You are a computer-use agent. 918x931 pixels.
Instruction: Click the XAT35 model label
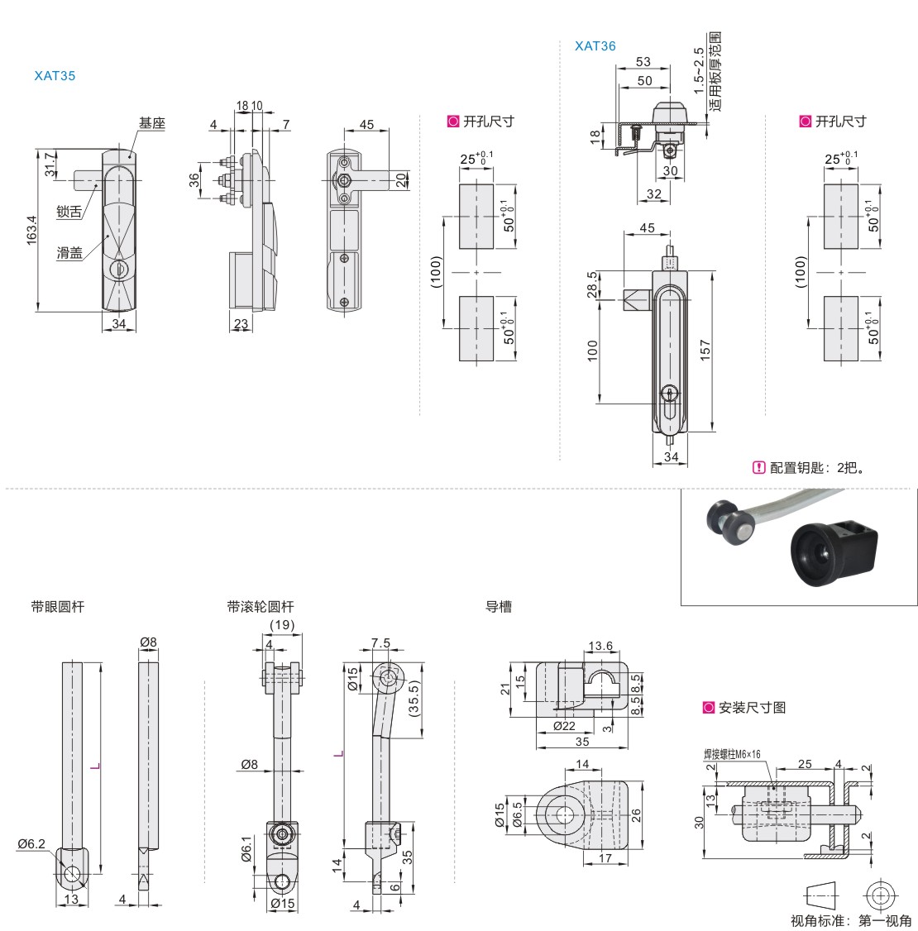pyautogui.click(x=55, y=75)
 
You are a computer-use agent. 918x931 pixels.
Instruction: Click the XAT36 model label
pyautogui.click(x=595, y=46)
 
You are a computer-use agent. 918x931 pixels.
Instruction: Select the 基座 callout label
pyautogui.click(x=152, y=123)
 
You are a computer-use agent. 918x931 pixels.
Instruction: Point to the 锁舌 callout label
pyautogui.click(x=69, y=212)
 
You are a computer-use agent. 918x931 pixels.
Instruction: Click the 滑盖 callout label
pyautogui.click(x=69, y=253)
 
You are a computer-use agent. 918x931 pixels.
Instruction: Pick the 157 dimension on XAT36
pyautogui.click(x=705, y=351)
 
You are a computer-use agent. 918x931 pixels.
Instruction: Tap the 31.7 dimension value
pyautogui.click(x=50, y=164)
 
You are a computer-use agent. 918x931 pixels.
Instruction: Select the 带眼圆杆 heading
pyautogui.click(x=58, y=606)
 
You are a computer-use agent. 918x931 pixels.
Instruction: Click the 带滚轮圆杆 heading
pyautogui.click(x=261, y=606)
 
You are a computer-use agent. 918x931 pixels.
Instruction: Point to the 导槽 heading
pyautogui.click(x=499, y=606)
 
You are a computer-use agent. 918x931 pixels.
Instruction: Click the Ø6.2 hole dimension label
pyautogui.click(x=32, y=843)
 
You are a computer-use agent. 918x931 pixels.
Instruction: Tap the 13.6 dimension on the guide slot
pyautogui.click(x=600, y=647)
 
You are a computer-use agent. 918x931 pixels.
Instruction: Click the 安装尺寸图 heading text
pyautogui.click(x=752, y=707)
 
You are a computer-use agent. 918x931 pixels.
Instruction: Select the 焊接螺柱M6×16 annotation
pyautogui.click(x=732, y=754)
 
